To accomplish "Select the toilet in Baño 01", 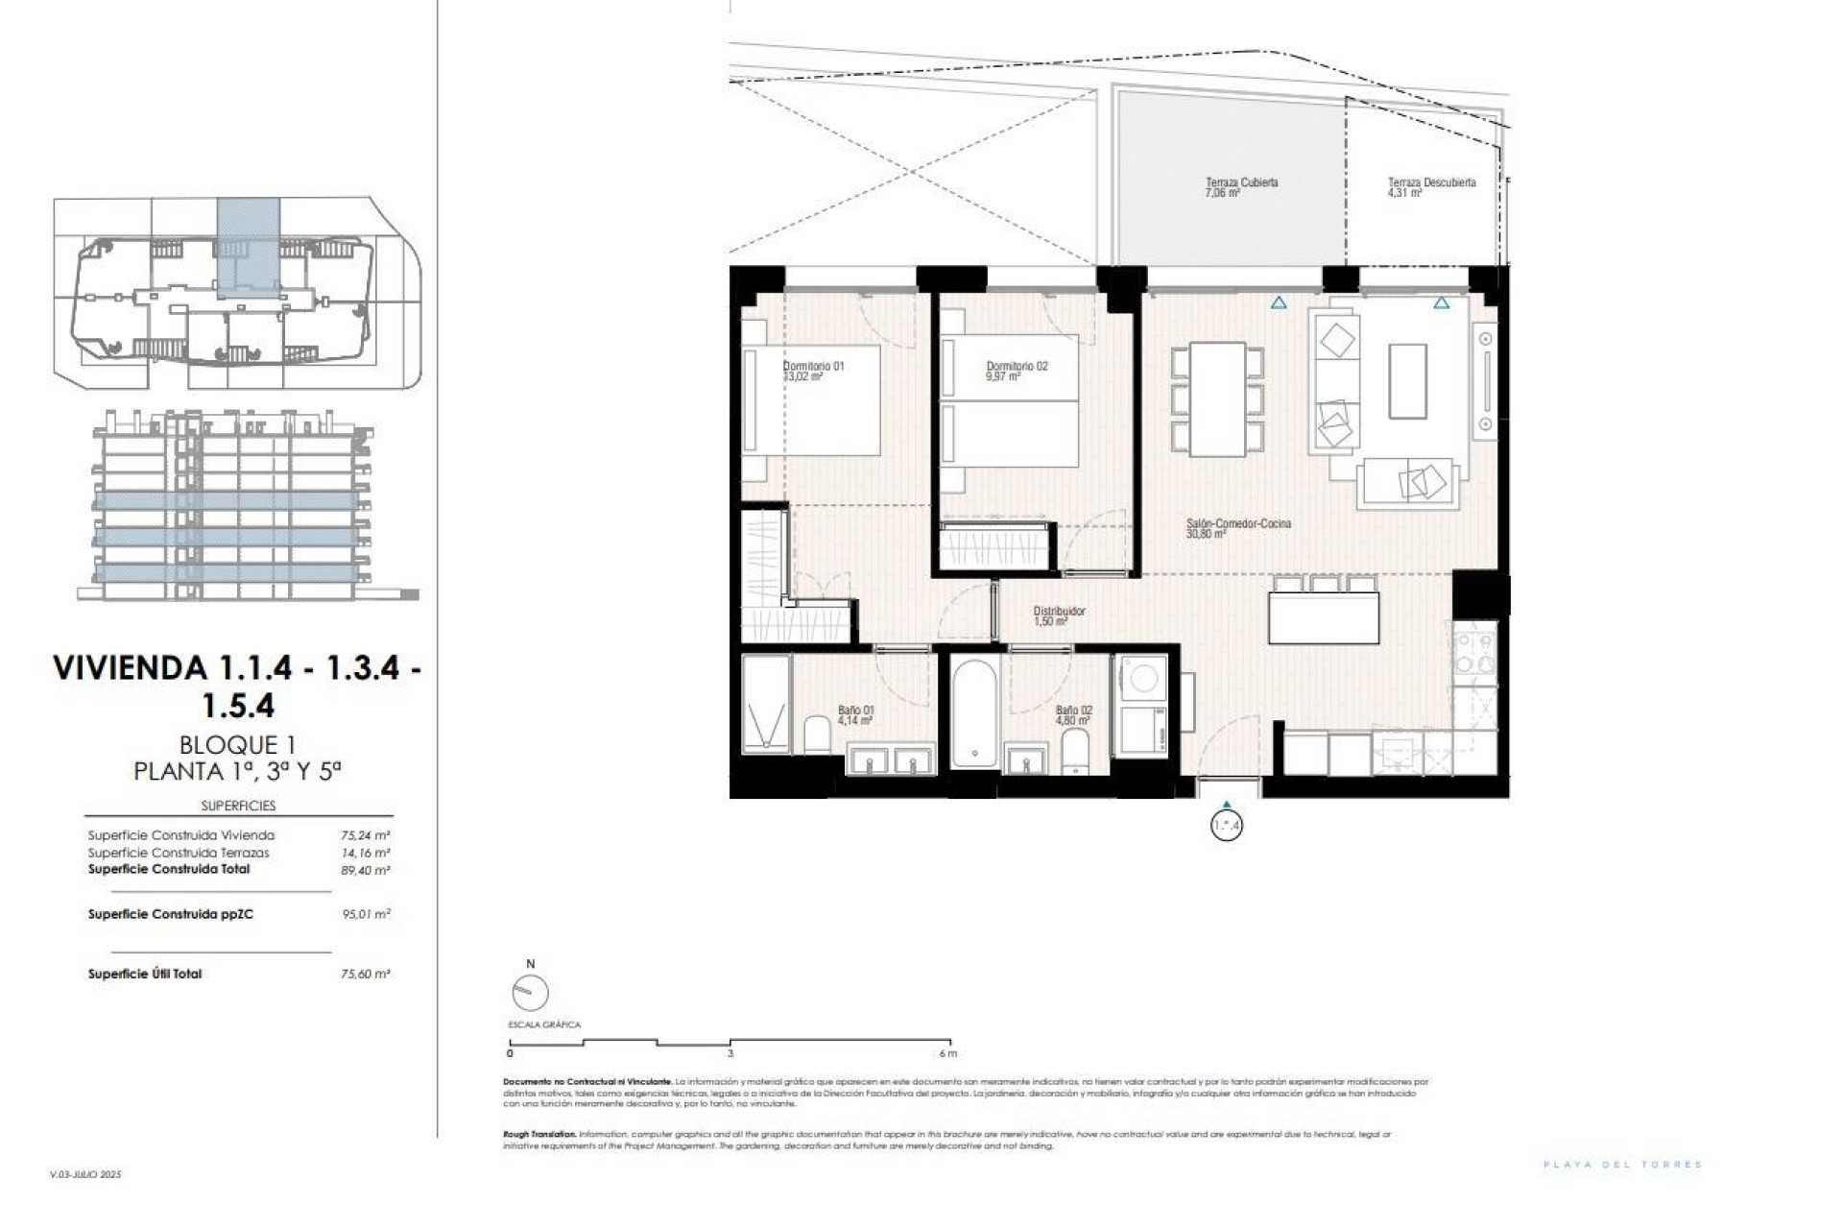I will tap(818, 735).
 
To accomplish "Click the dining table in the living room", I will tap(1217, 398).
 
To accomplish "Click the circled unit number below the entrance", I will tap(1227, 825).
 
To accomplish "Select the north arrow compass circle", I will tap(531, 993).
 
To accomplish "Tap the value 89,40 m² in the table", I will tap(366, 870).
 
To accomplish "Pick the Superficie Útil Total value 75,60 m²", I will tap(365, 974).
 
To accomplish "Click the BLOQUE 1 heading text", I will tap(237, 744).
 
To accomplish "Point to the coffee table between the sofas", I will tap(1407, 381).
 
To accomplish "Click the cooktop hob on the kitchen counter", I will tap(1473, 653).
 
